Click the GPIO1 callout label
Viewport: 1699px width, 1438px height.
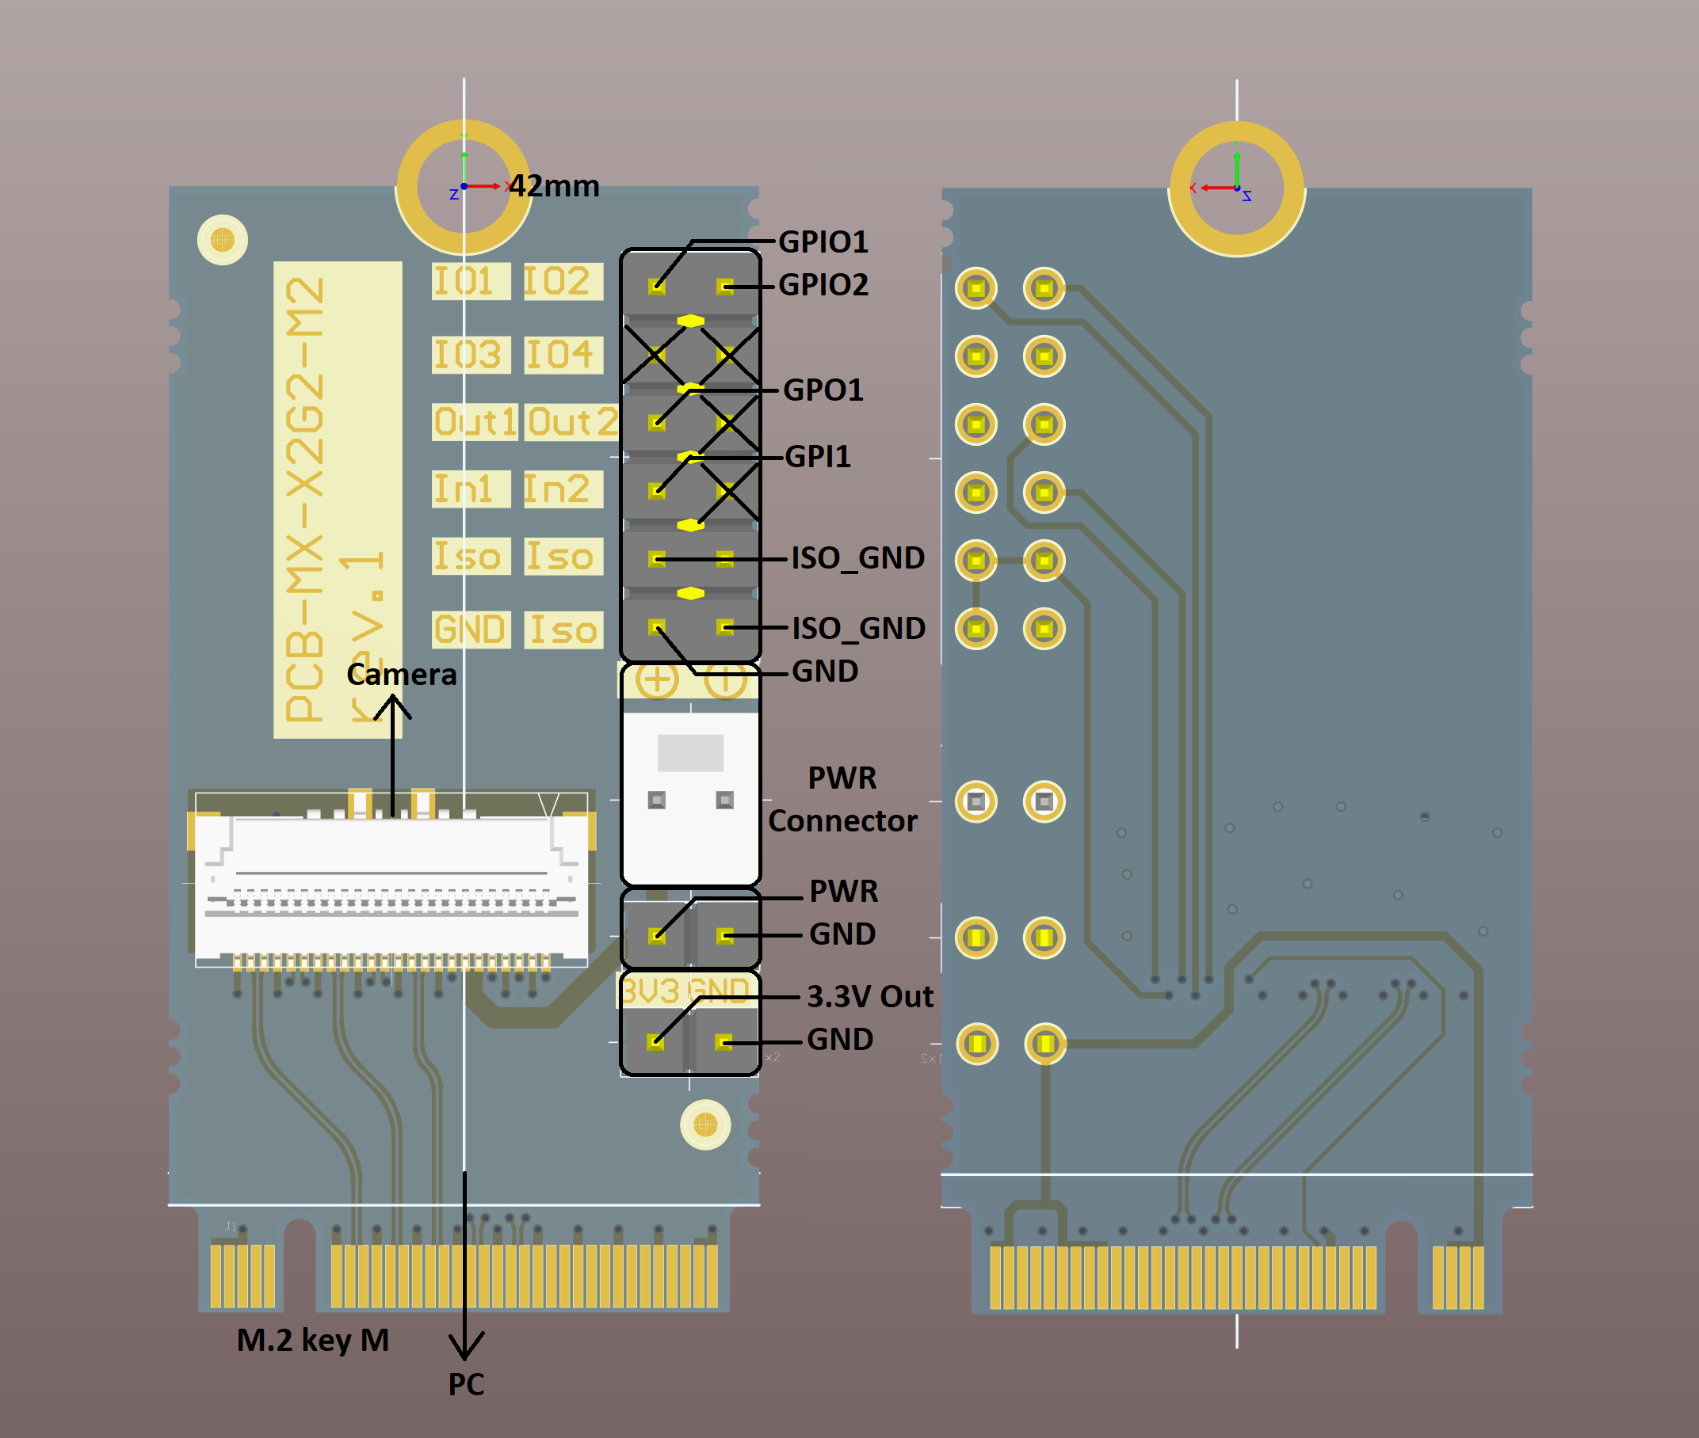point(823,242)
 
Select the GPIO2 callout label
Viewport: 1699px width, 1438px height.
point(823,284)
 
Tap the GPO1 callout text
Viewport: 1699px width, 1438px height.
point(823,390)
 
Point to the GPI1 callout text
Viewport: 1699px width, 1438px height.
point(817,457)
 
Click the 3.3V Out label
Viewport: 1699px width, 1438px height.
point(869,996)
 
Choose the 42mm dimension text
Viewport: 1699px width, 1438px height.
point(555,186)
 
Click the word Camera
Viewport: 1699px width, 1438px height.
point(401,674)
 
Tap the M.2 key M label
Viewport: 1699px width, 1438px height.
point(312,1340)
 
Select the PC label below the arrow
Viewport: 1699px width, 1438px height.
point(466,1384)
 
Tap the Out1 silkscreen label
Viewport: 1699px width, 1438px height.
point(475,422)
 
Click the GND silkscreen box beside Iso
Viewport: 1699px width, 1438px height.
point(471,630)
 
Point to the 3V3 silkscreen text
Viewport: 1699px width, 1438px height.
point(650,991)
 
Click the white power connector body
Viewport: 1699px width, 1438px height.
point(690,795)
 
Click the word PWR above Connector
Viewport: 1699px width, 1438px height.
point(842,778)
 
